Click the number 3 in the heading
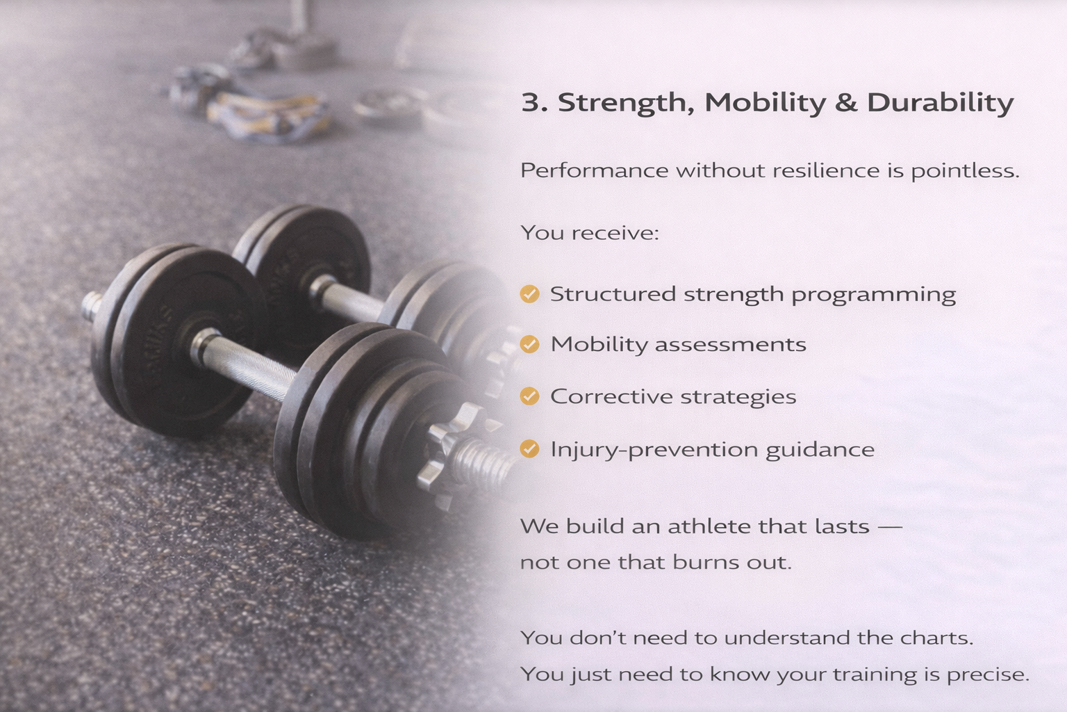pyautogui.click(x=530, y=102)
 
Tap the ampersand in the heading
pyautogui.click(x=845, y=102)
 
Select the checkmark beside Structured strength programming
pyautogui.click(x=529, y=293)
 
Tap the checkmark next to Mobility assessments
pyautogui.click(x=529, y=344)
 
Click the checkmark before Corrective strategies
pyautogui.click(x=529, y=396)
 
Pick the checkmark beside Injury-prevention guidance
pyautogui.click(x=529, y=448)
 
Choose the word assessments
pyautogui.click(x=731, y=345)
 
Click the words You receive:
pyautogui.click(x=590, y=233)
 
